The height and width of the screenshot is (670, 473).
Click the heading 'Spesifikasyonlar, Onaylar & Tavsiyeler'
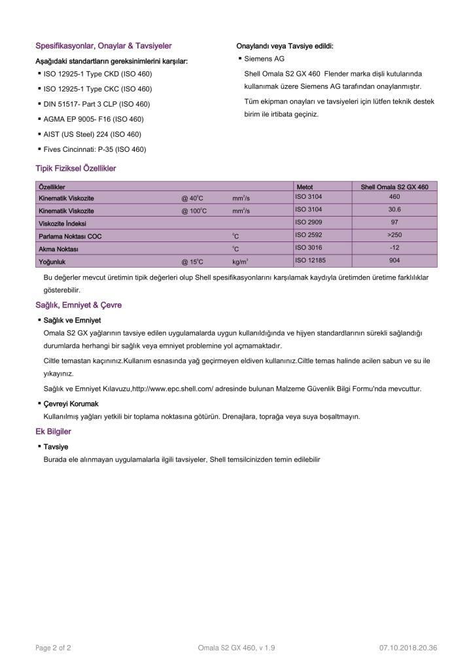tap(103, 46)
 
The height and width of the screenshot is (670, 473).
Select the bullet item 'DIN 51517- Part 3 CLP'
tap(97, 104)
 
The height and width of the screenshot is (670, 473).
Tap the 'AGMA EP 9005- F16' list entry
tap(94, 119)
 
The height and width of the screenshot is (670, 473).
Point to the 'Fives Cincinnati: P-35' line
tap(95, 149)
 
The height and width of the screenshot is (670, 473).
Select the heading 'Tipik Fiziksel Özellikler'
tap(75, 168)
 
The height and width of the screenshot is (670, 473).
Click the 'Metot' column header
tap(305, 187)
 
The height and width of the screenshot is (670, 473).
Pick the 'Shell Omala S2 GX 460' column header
tap(394, 187)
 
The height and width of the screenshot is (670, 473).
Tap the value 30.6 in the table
tap(394, 209)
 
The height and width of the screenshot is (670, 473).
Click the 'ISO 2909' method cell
tap(309, 222)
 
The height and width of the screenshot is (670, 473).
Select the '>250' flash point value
tap(394, 235)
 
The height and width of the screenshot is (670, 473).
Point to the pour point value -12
tap(394, 248)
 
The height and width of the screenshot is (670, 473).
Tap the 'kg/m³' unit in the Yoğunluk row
tap(240, 262)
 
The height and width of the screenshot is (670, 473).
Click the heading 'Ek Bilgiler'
tap(53, 432)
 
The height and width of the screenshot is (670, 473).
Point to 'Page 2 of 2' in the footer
tap(53, 648)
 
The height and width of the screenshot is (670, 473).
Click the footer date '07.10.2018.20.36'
tap(408, 648)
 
